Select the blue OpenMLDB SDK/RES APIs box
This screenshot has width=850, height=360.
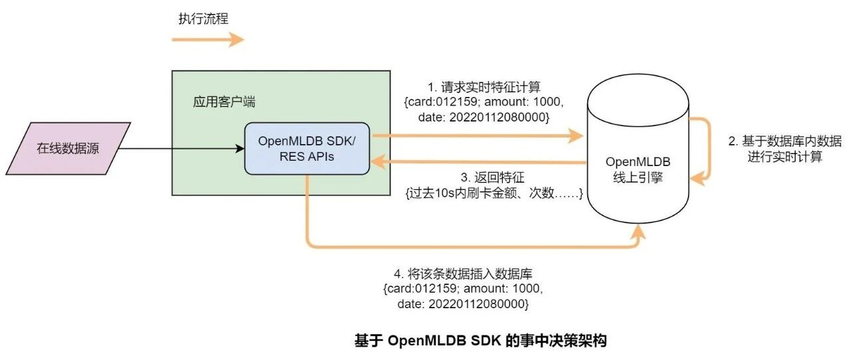[x=307, y=148]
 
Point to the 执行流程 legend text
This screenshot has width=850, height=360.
[x=203, y=19]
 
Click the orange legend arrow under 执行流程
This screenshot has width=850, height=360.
[x=208, y=40]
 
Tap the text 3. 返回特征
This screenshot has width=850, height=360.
[x=493, y=177]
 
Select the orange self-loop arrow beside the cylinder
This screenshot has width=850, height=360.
[x=707, y=149]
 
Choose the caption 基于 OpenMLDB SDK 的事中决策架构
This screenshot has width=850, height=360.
[x=481, y=341]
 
